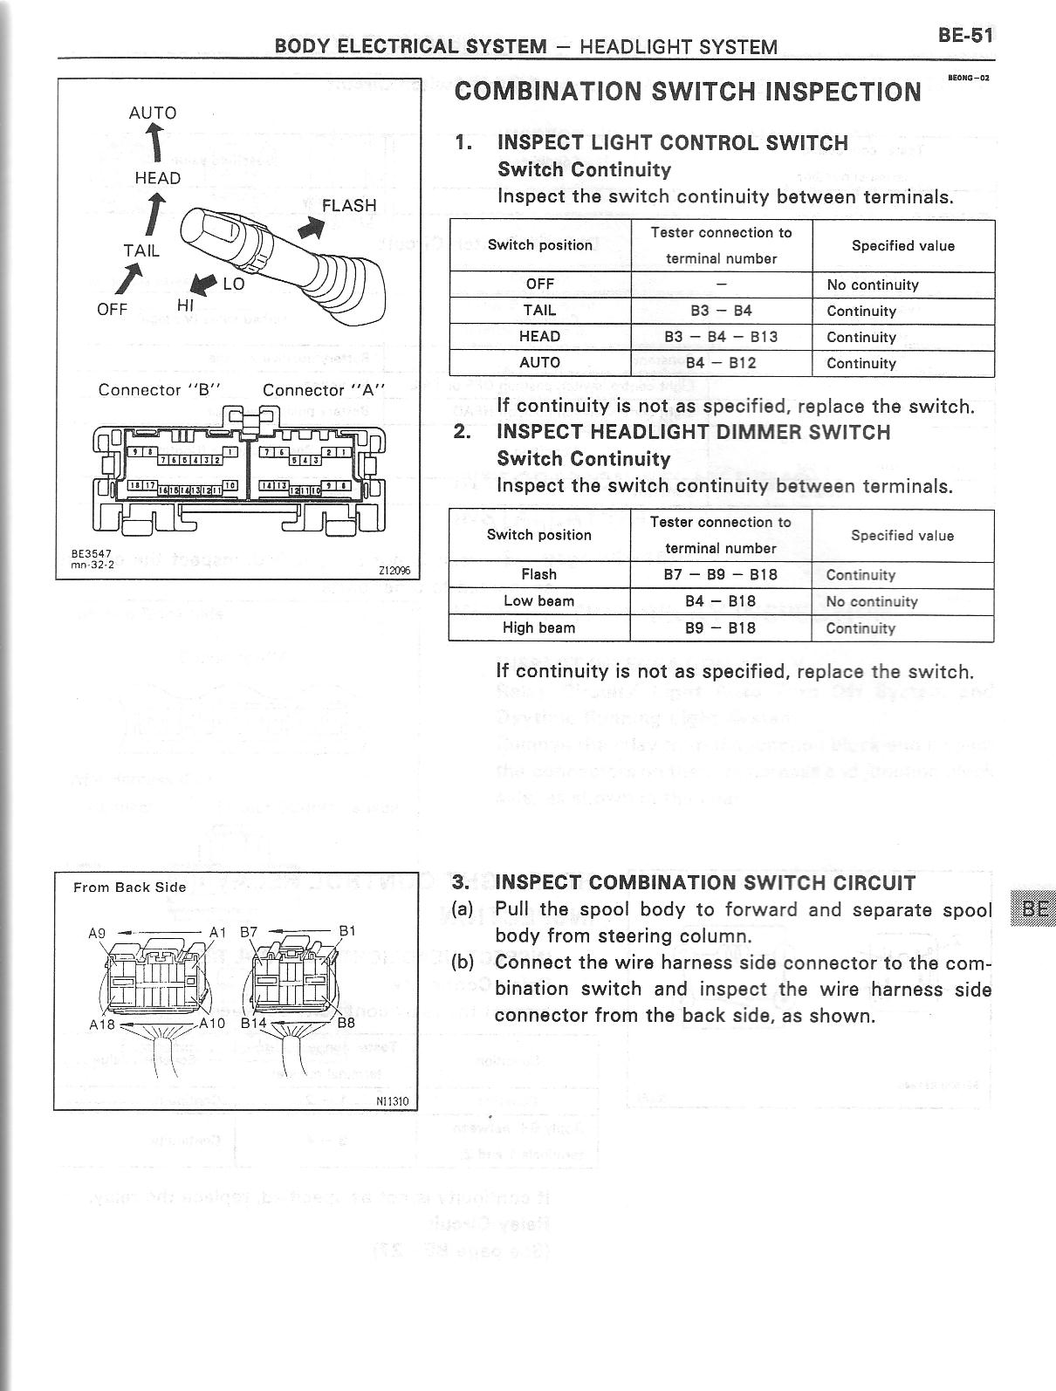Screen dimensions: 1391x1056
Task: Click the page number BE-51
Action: point(964,36)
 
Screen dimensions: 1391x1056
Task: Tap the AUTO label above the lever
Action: point(153,113)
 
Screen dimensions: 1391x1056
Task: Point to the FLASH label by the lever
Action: point(349,206)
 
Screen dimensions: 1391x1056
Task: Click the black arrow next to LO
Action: point(203,284)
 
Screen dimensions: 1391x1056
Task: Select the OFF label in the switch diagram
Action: point(113,309)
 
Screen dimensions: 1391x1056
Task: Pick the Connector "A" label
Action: point(323,390)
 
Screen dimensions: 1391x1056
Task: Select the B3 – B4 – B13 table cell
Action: point(721,337)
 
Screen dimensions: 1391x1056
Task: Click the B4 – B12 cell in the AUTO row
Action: point(721,363)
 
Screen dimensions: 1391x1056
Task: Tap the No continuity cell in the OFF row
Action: point(873,284)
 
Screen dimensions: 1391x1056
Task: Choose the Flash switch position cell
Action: point(538,575)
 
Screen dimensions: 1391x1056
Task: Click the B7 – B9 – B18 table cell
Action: point(721,575)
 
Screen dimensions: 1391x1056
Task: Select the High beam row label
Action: point(538,628)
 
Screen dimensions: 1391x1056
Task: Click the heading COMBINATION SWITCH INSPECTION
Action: point(688,92)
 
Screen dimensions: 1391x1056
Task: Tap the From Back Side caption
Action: point(130,887)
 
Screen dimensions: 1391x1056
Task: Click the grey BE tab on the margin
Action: point(1034,908)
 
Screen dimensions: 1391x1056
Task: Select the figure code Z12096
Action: point(394,571)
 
